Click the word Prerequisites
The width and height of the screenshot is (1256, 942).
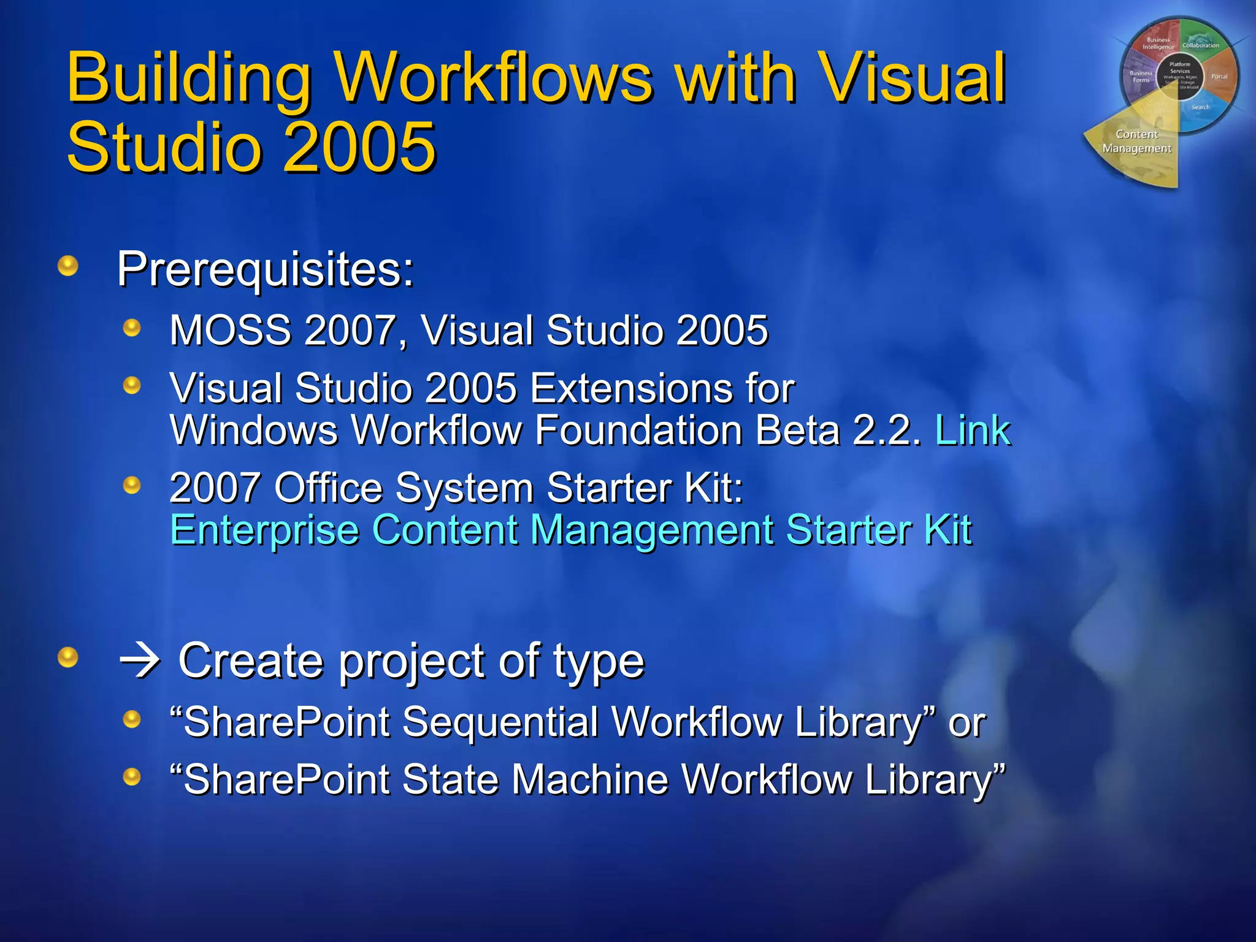266,269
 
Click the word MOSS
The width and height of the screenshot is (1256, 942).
231,331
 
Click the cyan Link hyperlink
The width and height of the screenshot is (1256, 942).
972,430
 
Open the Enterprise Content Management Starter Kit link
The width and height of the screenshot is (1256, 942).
570,530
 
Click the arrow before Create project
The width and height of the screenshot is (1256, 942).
140,661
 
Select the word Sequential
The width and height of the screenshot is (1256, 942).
500,722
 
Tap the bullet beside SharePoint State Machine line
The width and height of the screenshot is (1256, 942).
132,777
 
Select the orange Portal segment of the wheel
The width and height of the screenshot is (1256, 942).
1219,77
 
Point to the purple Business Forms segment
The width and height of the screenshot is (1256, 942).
1140,77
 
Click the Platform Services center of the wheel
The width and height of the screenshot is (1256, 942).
1179,72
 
